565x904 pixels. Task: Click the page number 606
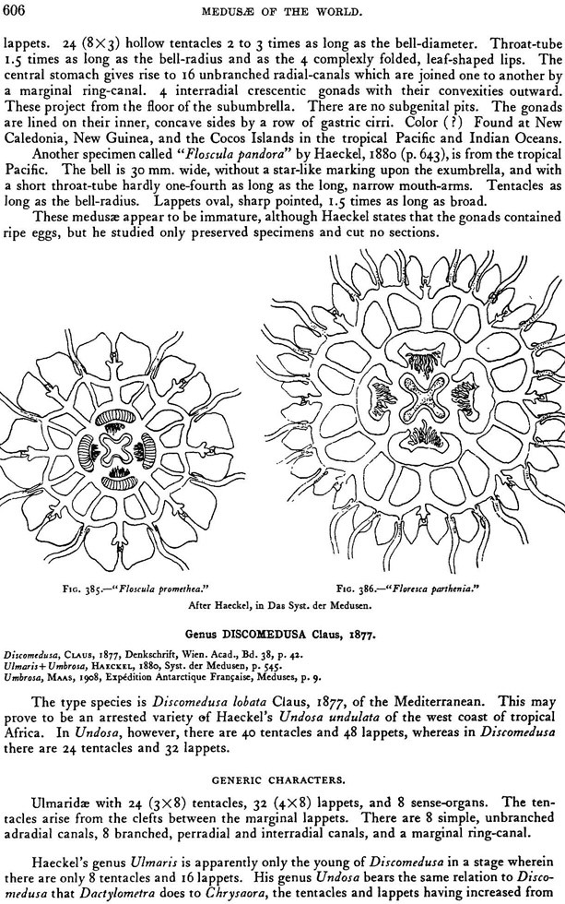pyautogui.click(x=17, y=9)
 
